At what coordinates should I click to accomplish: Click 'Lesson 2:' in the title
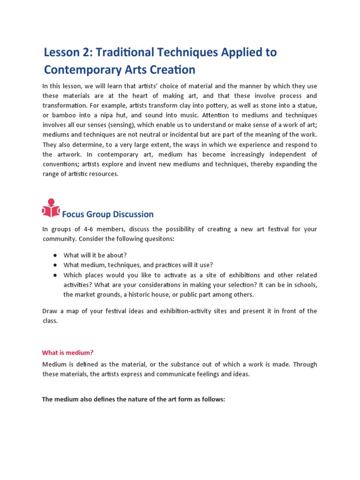pos(64,52)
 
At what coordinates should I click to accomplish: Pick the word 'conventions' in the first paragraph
pos(63,164)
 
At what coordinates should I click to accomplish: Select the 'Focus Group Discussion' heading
pos(108,214)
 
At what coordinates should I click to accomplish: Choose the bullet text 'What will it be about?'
pos(95,255)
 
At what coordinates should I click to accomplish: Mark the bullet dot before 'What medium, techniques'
pos(55,265)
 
